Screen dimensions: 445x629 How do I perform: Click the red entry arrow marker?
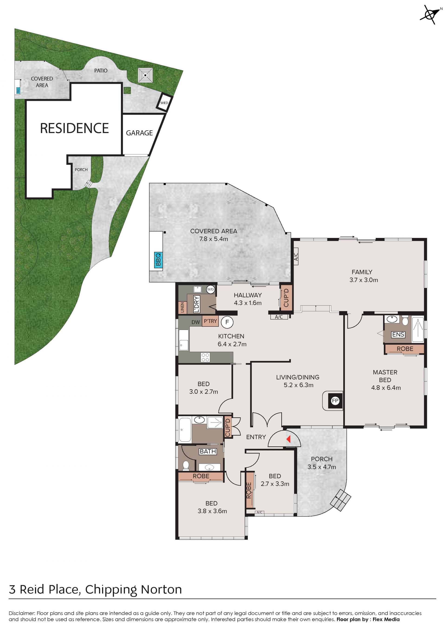tap(288, 439)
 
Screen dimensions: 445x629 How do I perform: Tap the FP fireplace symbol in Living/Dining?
tap(335, 401)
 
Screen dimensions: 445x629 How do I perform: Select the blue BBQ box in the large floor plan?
tap(158, 260)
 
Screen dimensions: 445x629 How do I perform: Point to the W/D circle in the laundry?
tap(210, 289)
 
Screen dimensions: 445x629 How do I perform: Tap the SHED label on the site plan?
tap(164, 103)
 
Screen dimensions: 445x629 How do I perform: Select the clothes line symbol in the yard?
tap(145, 75)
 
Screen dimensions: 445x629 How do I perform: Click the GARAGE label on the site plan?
tap(139, 133)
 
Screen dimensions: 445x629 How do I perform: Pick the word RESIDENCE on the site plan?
tap(75, 128)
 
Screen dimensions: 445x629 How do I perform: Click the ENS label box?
tap(398, 335)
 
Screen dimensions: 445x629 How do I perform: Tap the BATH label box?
tap(208, 452)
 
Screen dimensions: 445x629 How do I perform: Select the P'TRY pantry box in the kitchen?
tap(210, 321)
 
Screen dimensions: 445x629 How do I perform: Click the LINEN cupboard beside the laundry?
tap(182, 307)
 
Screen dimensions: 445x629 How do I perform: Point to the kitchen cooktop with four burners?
tap(205, 357)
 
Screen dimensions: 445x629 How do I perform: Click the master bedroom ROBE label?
tap(405, 349)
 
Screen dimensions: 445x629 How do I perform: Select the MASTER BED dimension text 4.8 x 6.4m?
tap(386, 388)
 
